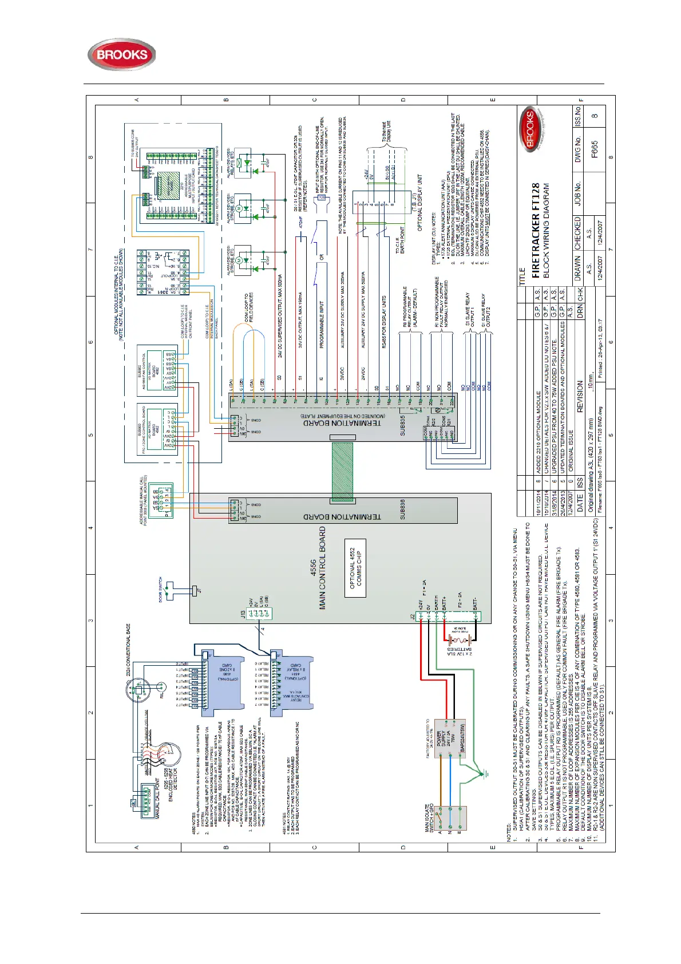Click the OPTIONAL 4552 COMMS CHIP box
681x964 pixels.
click(355, 568)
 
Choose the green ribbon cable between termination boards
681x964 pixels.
click(342, 471)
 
